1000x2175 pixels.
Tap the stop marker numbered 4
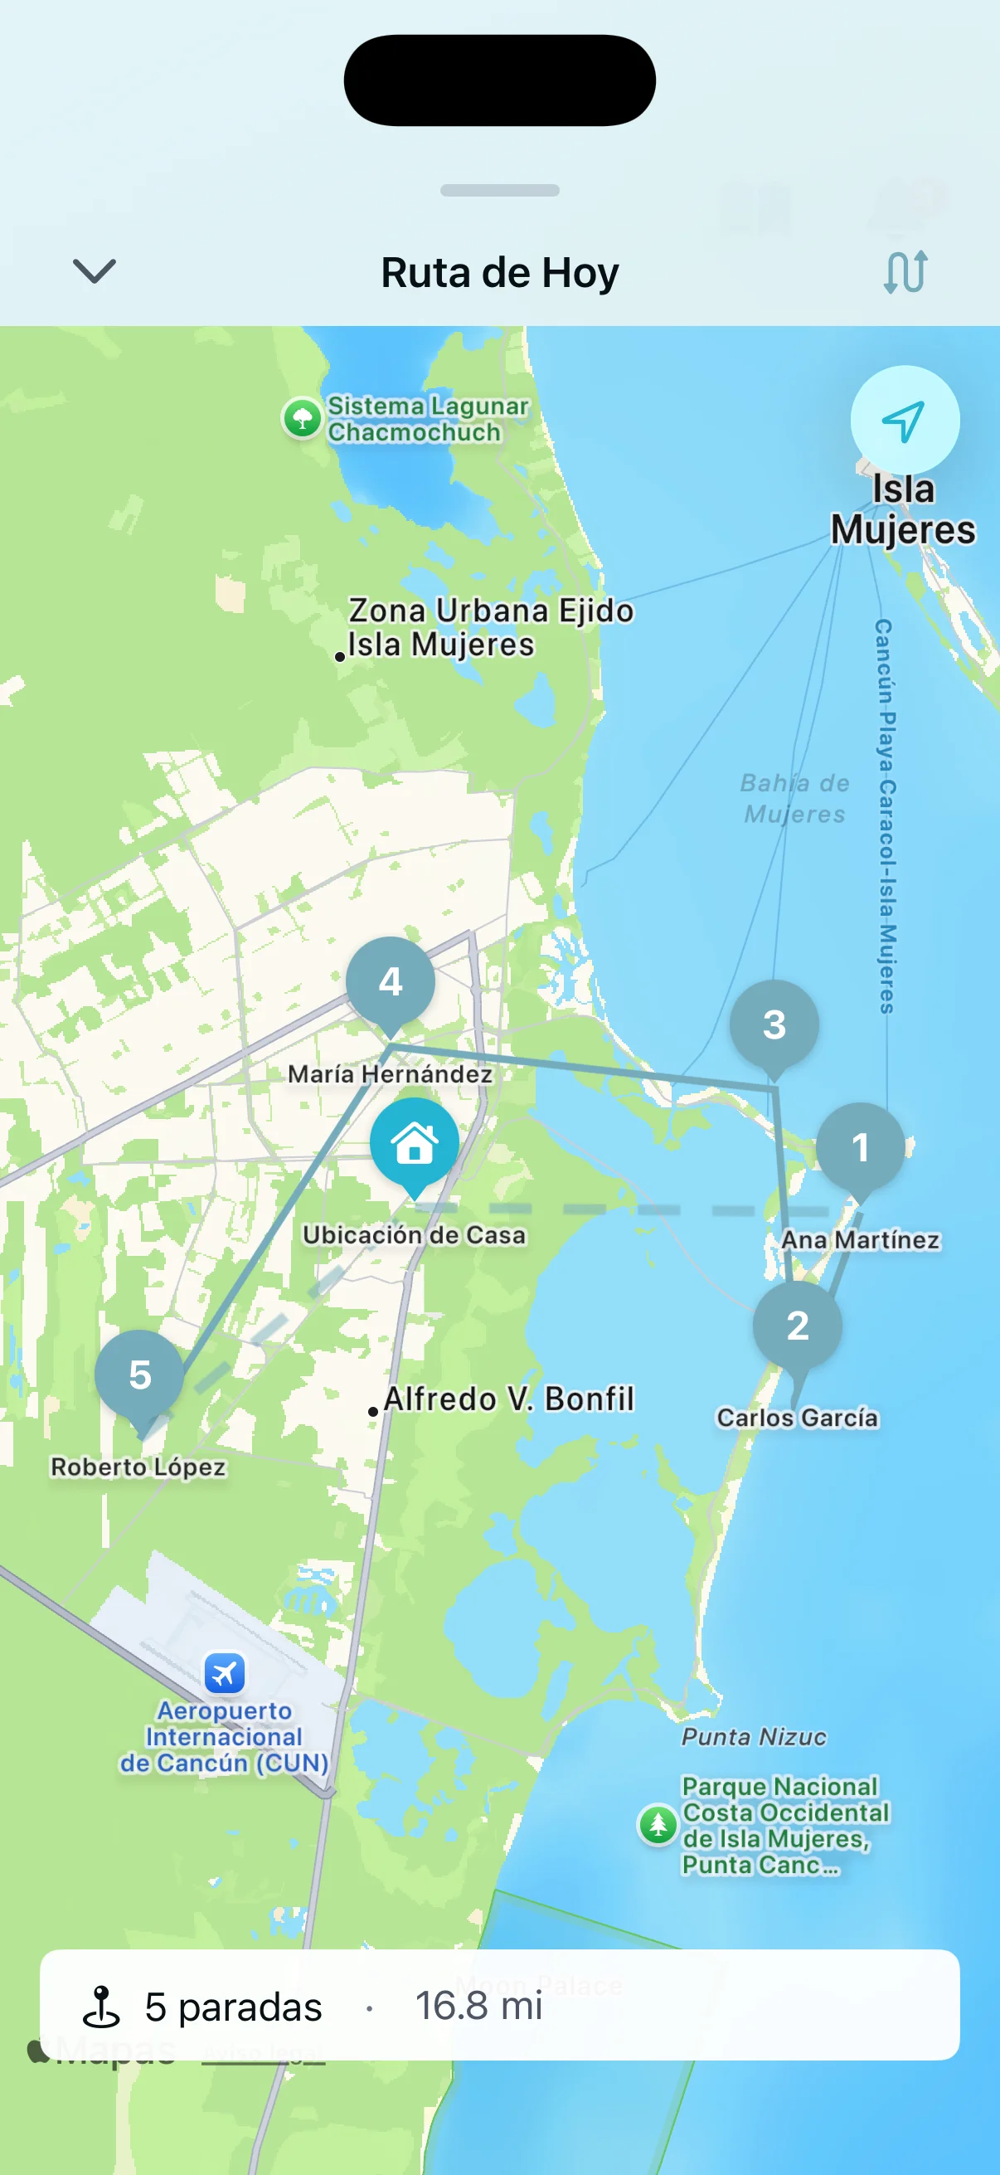pyautogui.click(x=390, y=981)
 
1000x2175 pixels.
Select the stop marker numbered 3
pyautogui.click(x=774, y=1024)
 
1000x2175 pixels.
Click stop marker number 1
pyautogui.click(x=860, y=1146)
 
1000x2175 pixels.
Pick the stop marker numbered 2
pyautogui.click(x=798, y=1326)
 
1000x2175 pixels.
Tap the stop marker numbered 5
pyautogui.click(x=139, y=1375)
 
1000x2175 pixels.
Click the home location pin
pyautogui.click(x=415, y=1142)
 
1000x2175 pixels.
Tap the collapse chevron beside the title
pyautogui.click(x=94, y=272)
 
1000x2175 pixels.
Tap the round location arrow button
pyautogui.click(x=904, y=420)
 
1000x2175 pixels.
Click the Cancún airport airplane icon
pyautogui.click(x=225, y=1672)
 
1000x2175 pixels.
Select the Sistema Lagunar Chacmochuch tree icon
pyautogui.click(x=302, y=418)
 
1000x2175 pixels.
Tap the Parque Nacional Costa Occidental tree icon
pyautogui.click(x=658, y=1825)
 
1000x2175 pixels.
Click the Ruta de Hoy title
pyautogui.click(x=499, y=273)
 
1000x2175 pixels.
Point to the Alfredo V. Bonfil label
pyautogui.click(x=508, y=1399)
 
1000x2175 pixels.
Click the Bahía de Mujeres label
pyautogui.click(x=794, y=798)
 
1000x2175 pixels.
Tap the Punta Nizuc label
pyautogui.click(x=754, y=1737)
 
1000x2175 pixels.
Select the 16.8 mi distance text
pyautogui.click(x=478, y=2005)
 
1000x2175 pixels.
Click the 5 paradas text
pyautogui.click(x=233, y=2007)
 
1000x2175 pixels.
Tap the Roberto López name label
pyautogui.click(x=138, y=1467)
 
